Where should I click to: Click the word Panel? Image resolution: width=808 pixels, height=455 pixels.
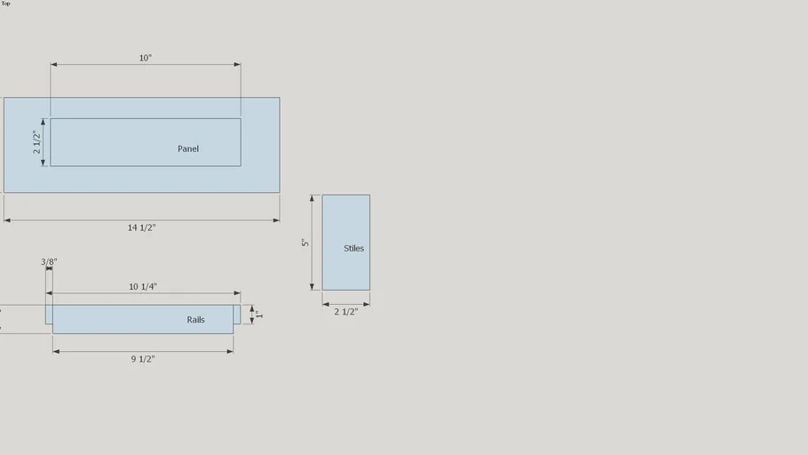188,148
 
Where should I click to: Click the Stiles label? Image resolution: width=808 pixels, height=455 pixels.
353,248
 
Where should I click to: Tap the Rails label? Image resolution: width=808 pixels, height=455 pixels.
196,320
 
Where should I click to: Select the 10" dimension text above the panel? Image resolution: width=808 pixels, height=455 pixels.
146,58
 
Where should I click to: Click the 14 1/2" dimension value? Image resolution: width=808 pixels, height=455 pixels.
142,227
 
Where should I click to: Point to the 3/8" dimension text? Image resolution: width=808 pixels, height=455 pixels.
49,262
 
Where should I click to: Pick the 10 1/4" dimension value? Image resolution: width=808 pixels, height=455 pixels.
143,287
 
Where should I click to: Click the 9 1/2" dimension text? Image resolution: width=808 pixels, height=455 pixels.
143,359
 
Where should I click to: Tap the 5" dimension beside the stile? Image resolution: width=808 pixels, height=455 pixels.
305,243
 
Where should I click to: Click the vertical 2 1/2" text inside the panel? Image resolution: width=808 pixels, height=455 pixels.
36,142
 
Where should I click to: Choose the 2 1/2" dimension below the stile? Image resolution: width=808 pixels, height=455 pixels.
345,312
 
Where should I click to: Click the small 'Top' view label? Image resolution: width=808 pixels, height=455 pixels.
5,4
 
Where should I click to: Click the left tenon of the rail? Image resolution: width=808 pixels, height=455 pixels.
49,315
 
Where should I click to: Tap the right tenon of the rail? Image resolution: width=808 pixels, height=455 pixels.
237,315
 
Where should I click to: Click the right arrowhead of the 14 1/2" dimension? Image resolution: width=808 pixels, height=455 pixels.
276,220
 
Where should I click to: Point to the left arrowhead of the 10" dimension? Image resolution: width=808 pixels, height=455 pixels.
53,65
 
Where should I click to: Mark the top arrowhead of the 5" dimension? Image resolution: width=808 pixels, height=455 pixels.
312,198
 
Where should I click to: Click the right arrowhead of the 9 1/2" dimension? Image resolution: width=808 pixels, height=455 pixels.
230,351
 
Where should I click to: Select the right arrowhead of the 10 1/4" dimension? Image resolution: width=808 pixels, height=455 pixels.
237,293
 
